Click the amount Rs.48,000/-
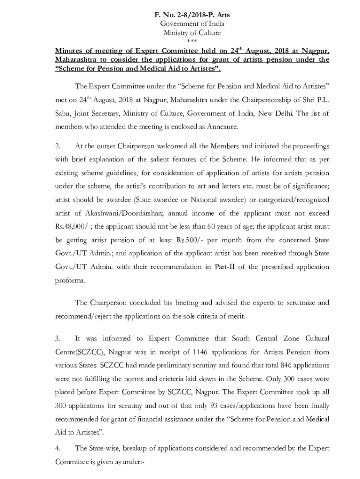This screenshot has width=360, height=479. [72, 227]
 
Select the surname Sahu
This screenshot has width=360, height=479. [64, 113]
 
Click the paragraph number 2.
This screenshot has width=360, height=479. [57, 145]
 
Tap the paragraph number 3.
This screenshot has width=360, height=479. [57, 338]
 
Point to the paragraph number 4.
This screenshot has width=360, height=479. [57, 448]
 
